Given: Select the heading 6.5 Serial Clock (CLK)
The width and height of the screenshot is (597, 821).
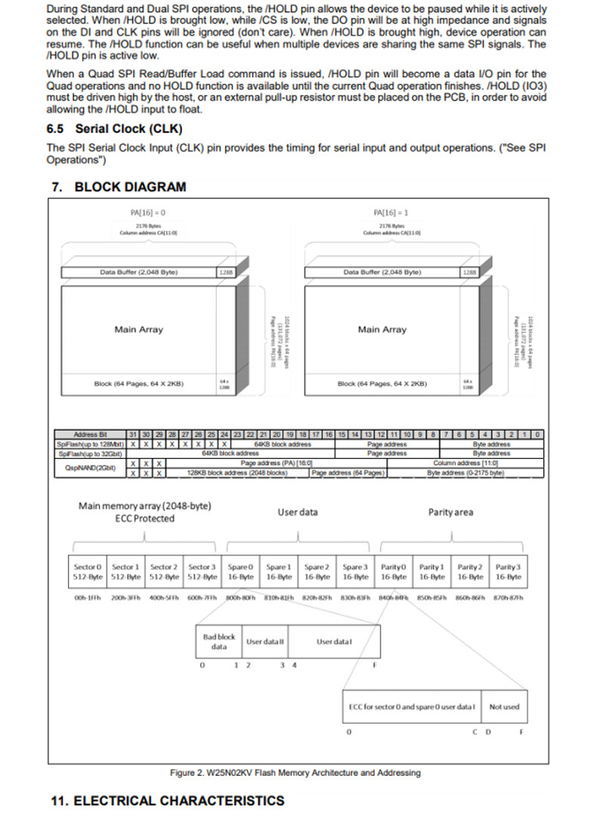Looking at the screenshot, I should [x=114, y=129].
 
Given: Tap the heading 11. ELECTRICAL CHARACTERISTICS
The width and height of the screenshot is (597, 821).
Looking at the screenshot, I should [x=167, y=801].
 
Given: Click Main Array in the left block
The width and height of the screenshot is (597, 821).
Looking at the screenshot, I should [x=138, y=330].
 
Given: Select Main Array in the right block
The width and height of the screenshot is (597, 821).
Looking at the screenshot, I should [x=382, y=330].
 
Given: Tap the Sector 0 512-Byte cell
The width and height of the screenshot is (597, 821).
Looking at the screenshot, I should [x=87, y=572].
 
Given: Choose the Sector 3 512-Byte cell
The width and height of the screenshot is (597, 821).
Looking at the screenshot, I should [x=202, y=572].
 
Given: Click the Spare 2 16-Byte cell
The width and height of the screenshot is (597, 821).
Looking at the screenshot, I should [x=317, y=572].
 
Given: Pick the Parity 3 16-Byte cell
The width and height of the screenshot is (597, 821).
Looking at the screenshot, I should [x=508, y=572].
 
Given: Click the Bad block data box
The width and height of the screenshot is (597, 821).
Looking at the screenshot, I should [x=218, y=642].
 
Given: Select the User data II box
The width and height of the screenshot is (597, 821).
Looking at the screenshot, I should [x=265, y=642].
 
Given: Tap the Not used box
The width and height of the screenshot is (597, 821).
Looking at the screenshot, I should [x=504, y=707].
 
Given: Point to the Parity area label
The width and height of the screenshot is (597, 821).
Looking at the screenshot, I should [x=450, y=513].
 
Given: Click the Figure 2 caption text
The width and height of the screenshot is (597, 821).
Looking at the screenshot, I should [x=295, y=773].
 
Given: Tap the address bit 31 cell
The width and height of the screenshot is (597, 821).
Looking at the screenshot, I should [x=134, y=435].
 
